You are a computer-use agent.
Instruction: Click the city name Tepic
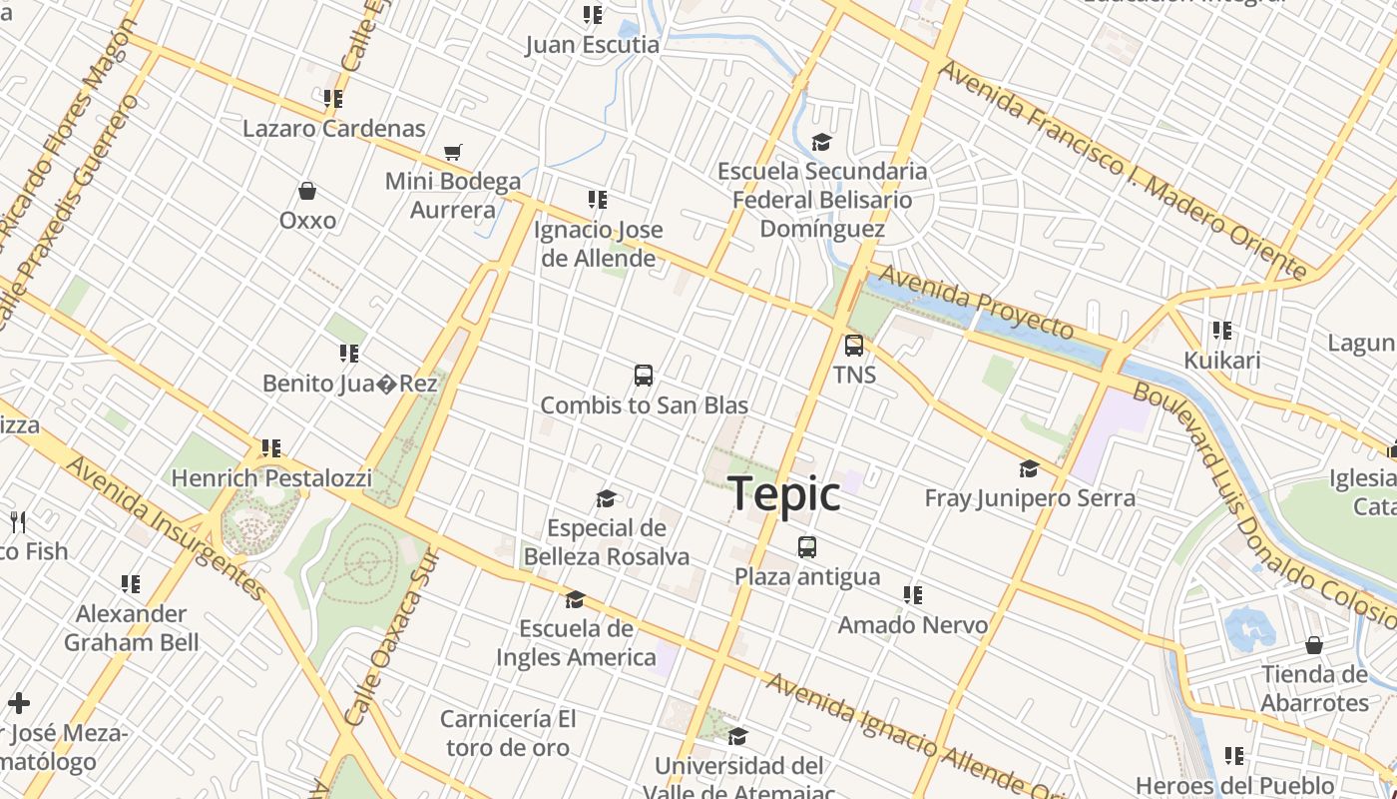(784, 494)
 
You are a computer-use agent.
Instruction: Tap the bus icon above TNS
(854, 346)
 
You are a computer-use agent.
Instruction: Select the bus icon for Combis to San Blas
(644, 376)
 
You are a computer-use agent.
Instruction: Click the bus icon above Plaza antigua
(807, 547)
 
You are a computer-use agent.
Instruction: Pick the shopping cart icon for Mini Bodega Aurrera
(453, 152)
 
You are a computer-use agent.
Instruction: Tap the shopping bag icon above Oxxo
(307, 191)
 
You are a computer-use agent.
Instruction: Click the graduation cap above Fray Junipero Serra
(1029, 468)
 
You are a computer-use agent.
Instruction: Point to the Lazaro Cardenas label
(334, 129)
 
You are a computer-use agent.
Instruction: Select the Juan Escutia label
(593, 45)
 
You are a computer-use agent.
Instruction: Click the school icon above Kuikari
(1221, 331)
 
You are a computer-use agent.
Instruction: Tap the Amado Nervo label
(913, 625)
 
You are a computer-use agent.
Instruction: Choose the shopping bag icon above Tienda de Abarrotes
(1314, 645)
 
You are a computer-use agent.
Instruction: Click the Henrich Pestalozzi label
(271, 478)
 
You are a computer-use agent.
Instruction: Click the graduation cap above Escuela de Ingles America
(575, 599)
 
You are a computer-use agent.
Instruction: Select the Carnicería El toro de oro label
(508, 733)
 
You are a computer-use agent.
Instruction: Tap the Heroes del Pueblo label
(1235, 785)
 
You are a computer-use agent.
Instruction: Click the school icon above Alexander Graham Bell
(131, 583)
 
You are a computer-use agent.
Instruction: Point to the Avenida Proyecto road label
(976, 300)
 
